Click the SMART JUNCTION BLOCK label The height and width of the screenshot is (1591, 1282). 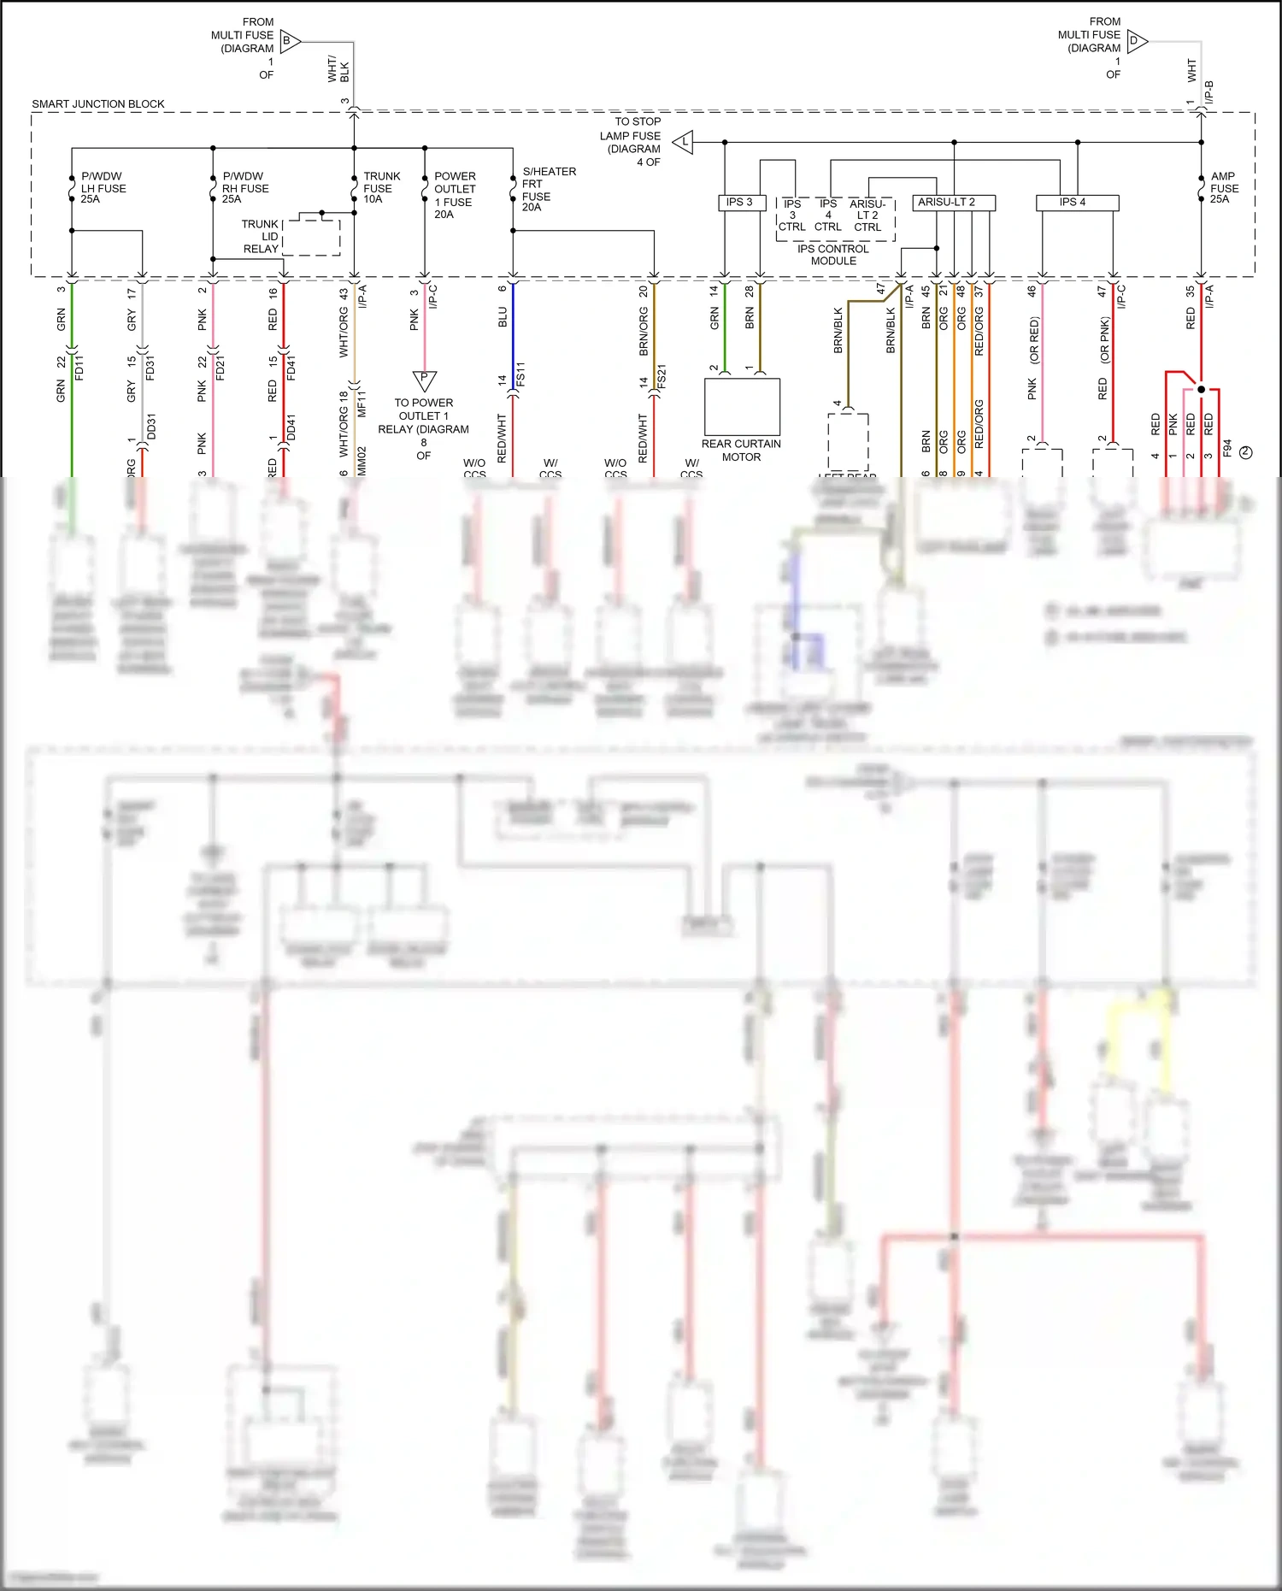tap(98, 104)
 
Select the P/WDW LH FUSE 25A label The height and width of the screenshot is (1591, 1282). tap(103, 188)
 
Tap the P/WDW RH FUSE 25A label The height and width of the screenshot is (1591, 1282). tap(245, 188)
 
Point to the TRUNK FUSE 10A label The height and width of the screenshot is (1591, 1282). tap(381, 188)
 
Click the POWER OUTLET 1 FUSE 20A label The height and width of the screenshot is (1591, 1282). tap(455, 195)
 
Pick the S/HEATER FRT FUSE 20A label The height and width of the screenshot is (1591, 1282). tap(548, 189)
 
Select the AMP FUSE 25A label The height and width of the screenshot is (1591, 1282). tap(1224, 188)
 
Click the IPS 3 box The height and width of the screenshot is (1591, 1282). tap(740, 203)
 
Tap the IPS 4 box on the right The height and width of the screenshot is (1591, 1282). tap(1076, 203)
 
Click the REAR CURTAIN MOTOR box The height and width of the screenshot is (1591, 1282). tap(742, 407)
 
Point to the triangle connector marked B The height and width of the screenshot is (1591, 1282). tap(289, 41)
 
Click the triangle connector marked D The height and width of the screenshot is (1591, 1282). tap(1136, 40)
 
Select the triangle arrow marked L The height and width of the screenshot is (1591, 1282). tap(684, 142)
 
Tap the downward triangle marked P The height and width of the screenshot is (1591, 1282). tap(424, 379)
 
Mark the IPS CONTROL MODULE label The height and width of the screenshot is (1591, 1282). tap(833, 255)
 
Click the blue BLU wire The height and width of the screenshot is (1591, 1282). tap(513, 333)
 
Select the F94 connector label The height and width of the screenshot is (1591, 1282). tap(1227, 449)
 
